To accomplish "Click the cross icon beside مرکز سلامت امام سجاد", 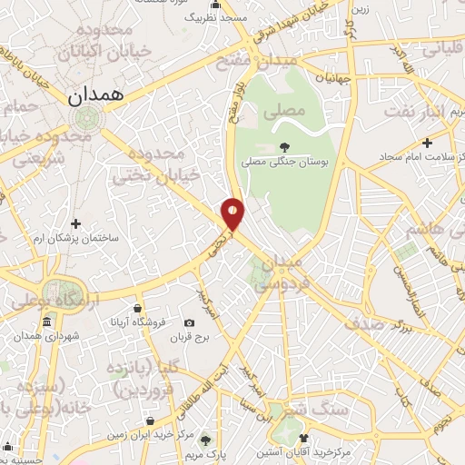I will point(426,142).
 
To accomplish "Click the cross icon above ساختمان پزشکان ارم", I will point(76,223).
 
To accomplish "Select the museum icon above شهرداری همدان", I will point(46,322).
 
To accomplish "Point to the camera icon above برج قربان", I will point(189,322).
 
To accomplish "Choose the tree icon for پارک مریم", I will point(205,440).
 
